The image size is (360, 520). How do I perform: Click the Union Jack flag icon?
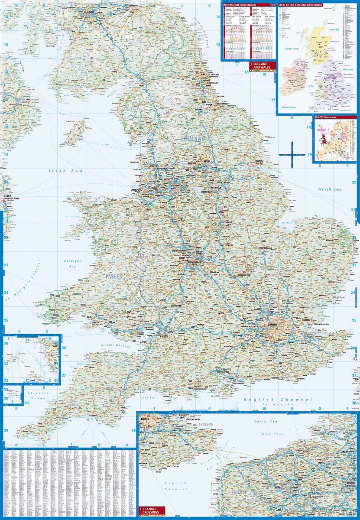click(273, 4)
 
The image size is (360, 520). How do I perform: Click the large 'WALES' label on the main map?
click(114, 276)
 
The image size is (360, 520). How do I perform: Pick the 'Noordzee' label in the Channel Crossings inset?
click(272, 434)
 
